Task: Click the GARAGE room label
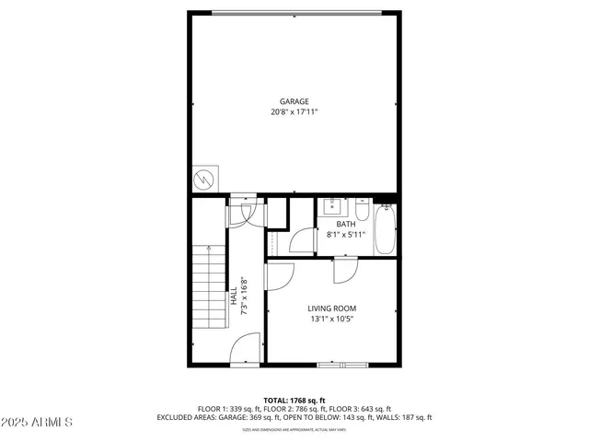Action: click(x=294, y=101)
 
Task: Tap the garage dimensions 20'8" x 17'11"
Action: click(x=294, y=112)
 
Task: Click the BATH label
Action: click(x=345, y=224)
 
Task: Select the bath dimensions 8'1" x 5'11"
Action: click(x=346, y=235)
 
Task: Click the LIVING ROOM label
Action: click(x=331, y=308)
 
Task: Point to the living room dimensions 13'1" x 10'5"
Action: click(x=331, y=320)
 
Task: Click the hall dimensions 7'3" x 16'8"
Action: click(x=244, y=297)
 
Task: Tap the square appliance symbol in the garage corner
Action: click(x=205, y=179)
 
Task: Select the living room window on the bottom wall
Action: click(x=342, y=365)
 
